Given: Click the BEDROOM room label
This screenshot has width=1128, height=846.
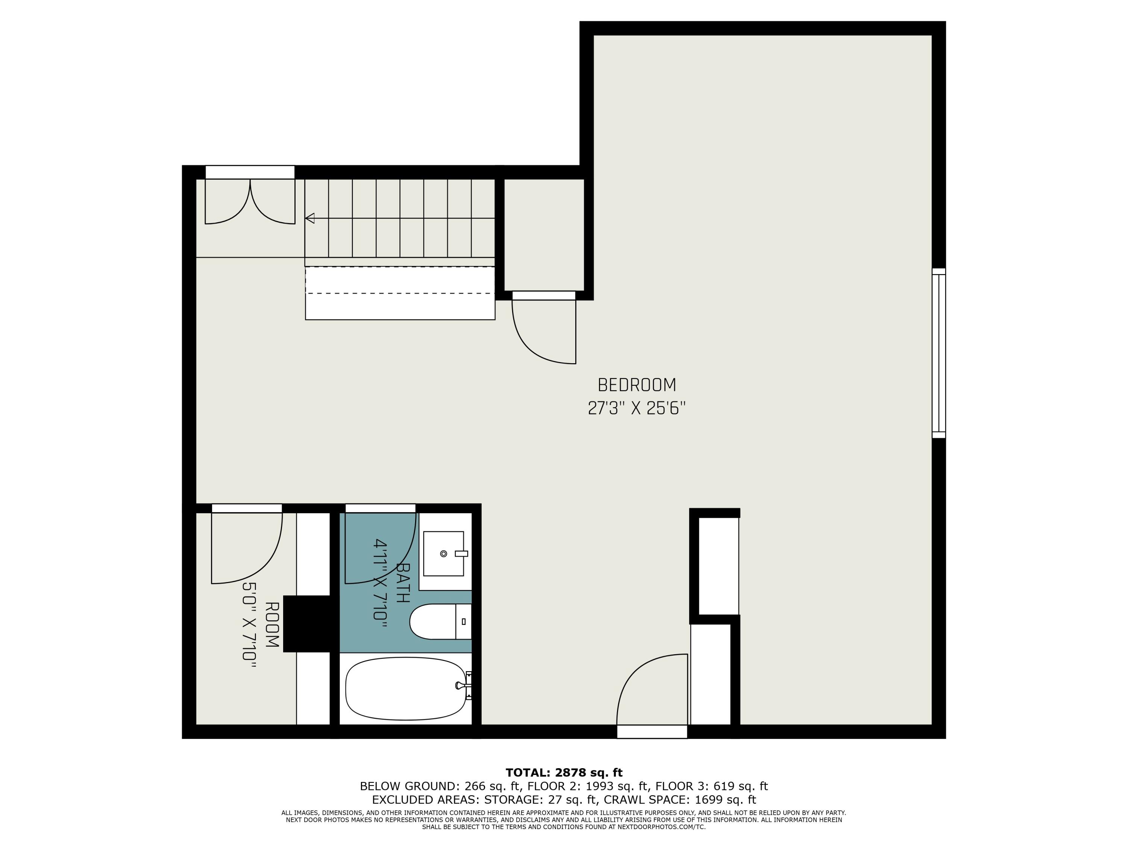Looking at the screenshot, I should point(637,385).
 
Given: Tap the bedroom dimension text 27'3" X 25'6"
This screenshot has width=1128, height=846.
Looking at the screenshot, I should point(637,408).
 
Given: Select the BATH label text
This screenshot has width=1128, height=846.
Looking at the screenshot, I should point(403,583).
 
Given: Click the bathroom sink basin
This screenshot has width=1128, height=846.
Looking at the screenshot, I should point(443,553).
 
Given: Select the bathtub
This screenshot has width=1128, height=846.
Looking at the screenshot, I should point(405,688).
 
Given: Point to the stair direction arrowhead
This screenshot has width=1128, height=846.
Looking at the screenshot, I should point(309,218).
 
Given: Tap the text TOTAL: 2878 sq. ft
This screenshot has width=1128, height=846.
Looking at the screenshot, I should point(564,773).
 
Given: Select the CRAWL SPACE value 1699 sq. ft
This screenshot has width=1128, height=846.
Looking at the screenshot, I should point(725,800).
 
